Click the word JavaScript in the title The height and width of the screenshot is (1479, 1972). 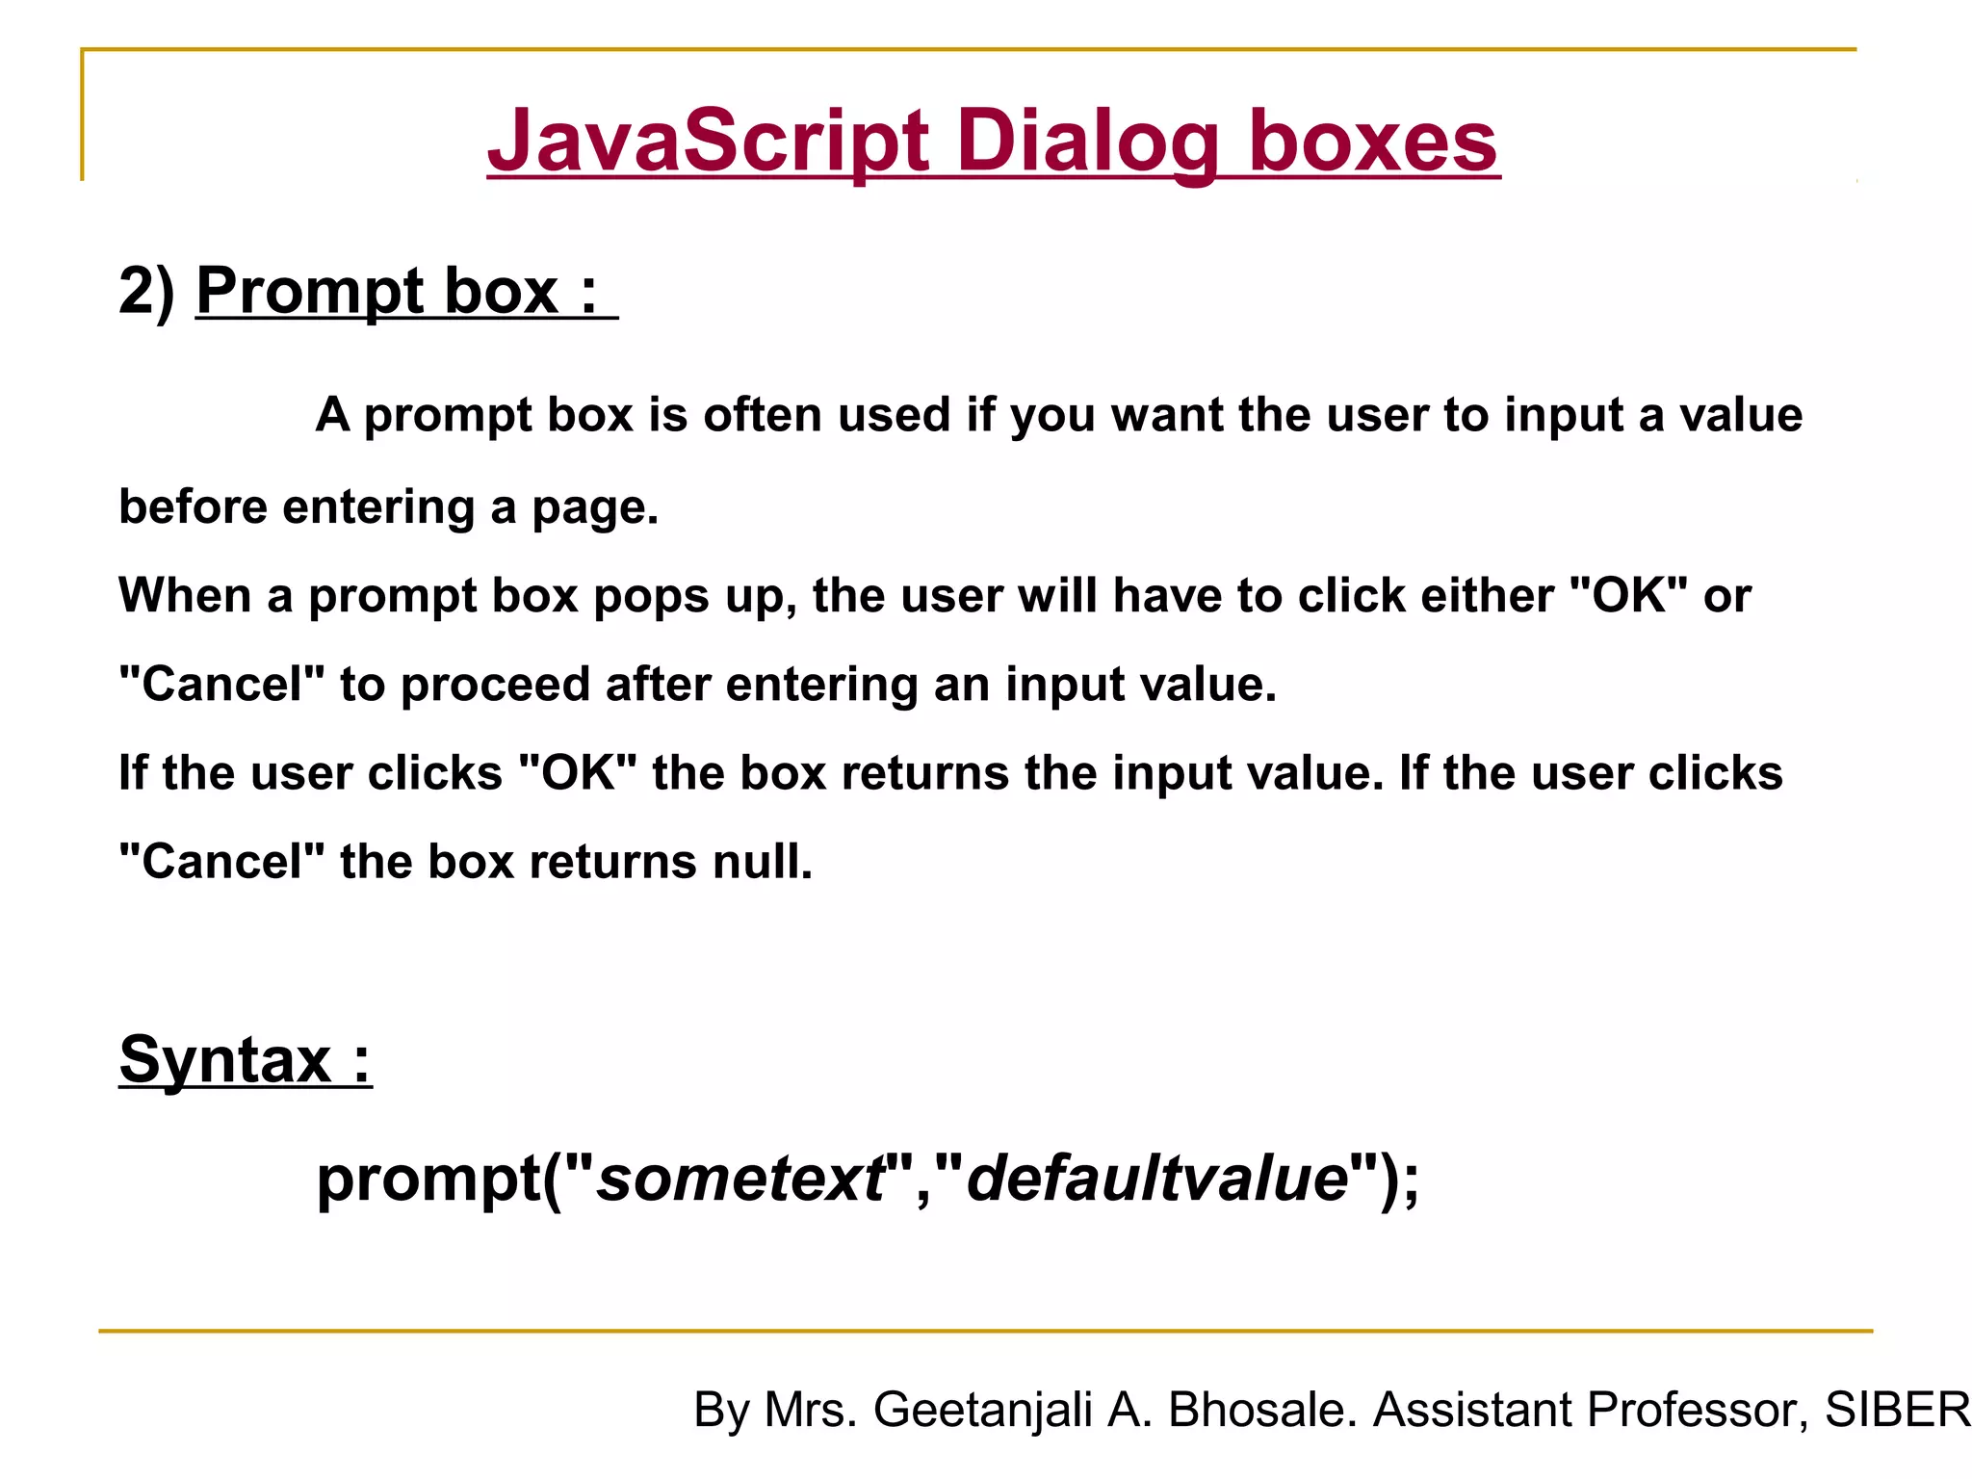click(709, 142)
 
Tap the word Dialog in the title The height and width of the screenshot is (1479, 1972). click(1088, 142)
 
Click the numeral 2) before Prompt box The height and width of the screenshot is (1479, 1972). click(146, 290)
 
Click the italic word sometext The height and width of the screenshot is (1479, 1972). click(739, 1179)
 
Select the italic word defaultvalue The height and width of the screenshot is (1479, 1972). click(1156, 1179)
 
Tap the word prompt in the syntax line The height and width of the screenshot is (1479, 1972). click(429, 1181)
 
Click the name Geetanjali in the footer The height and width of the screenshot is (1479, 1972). click(982, 1410)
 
